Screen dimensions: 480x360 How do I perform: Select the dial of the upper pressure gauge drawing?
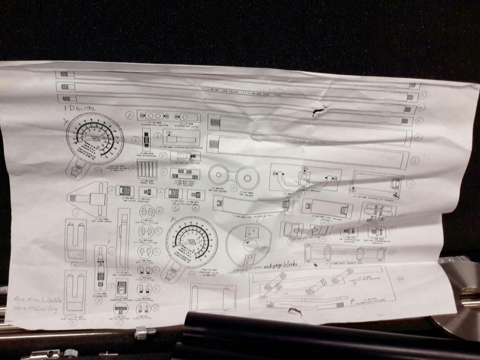tap(93, 142)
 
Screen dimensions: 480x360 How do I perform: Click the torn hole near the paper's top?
tap(318, 111)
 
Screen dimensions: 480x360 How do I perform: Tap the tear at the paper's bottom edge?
tap(293, 311)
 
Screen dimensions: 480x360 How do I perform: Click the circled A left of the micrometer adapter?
tap(130, 114)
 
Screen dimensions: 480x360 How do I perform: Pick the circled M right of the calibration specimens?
tap(400, 277)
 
